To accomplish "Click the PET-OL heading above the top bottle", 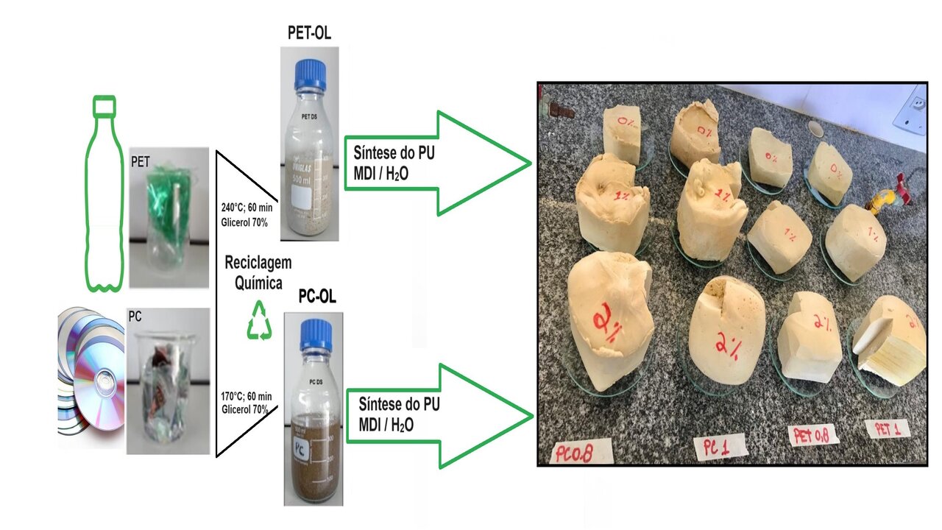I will (309, 33).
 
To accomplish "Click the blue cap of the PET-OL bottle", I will (309, 74).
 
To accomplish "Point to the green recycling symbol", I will (258, 321).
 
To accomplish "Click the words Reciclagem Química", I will (258, 272).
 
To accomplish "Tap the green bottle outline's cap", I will (105, 107).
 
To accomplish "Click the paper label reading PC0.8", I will (581, 449).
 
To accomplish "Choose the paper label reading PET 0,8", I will (813, 434).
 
